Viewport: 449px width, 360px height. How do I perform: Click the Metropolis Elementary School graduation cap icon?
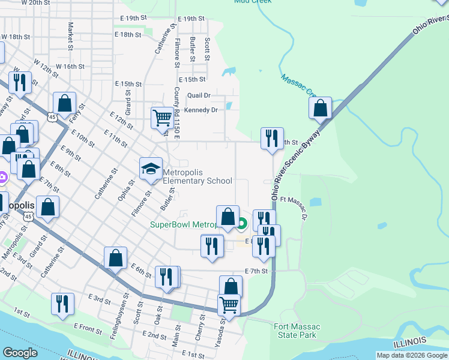click(151, 169)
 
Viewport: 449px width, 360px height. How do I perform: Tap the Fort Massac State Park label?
click(297, 331)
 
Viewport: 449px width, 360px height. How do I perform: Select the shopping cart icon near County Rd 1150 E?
click(163, 118)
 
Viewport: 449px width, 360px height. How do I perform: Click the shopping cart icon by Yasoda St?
click(229, 305)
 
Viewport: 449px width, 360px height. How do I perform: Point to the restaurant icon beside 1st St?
click(62, 304)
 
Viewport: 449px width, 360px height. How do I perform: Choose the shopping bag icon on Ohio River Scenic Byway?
click(321, 109)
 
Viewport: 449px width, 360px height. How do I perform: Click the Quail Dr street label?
click(199, 95)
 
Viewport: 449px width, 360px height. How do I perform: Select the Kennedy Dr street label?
click(200, 110)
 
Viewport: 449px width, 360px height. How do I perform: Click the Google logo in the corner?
click(20, 353)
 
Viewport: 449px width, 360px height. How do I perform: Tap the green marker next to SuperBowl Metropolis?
click(242, 225)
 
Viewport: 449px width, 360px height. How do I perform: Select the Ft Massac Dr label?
click(293, 208)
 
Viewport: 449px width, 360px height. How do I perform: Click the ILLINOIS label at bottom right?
click(409, 343)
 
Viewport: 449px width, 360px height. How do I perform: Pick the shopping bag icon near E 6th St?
click(116, 258)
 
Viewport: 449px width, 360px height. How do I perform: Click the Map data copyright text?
click(412, 355)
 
